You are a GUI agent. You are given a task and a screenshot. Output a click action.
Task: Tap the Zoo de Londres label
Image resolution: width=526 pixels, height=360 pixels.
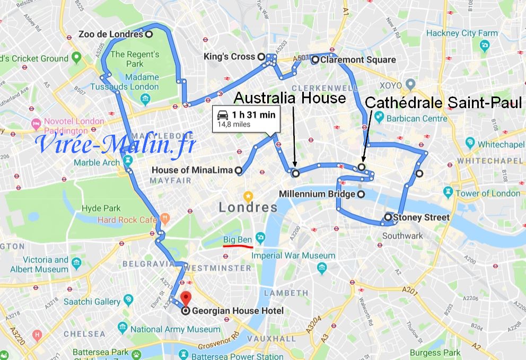[x=110, y=34]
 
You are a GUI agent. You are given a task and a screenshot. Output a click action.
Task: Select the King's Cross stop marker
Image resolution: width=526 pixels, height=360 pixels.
[x=261, y=57]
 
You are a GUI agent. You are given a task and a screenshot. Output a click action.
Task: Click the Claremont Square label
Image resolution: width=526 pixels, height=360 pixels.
[x=357, y=60]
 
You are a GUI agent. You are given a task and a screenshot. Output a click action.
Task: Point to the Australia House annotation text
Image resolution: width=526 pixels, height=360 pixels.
[x=290, y=98]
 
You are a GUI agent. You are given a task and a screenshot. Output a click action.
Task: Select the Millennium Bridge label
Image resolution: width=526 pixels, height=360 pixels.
[x=317, y=194]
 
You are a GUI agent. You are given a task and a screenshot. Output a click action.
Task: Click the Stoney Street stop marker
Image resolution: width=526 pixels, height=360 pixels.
[x=388, y=217]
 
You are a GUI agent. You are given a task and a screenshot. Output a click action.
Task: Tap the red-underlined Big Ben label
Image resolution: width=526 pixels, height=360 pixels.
[x=237, y=240]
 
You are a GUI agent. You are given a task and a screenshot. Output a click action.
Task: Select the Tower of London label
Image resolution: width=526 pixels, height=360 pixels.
[x=488, y=194]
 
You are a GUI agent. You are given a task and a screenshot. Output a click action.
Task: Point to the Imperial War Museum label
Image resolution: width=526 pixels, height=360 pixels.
[x=293, y=255]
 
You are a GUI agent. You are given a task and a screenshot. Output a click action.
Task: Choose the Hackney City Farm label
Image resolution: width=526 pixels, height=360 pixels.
[x=462, y=33]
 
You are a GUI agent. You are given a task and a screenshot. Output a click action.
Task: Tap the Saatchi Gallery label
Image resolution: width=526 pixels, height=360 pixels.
[x=92, y=301]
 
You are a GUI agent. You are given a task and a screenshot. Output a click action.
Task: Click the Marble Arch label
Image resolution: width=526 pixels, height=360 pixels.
[x=97, y=162]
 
